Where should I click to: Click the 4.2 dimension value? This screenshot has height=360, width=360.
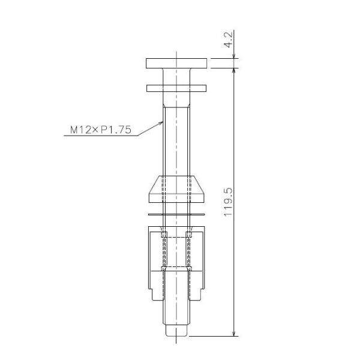click(x=229, y=40)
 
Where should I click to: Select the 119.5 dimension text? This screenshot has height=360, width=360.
click(x=229, y=202)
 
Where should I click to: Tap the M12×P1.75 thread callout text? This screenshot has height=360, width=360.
click(x=101, y=130)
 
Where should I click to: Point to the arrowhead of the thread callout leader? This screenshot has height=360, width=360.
click(x=161, y=124)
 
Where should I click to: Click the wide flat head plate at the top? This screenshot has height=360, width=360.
click(x=176, y=64)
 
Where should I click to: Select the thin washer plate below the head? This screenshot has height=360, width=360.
click(x=176, y=88)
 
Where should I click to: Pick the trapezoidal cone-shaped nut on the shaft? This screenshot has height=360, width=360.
click(x=176, y=189)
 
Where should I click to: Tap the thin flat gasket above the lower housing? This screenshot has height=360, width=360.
click(x=176, y=215)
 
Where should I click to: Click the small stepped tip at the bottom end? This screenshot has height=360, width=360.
click(x=176, y=330)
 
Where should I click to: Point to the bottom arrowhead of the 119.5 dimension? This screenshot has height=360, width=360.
click(x=234, y=334)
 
